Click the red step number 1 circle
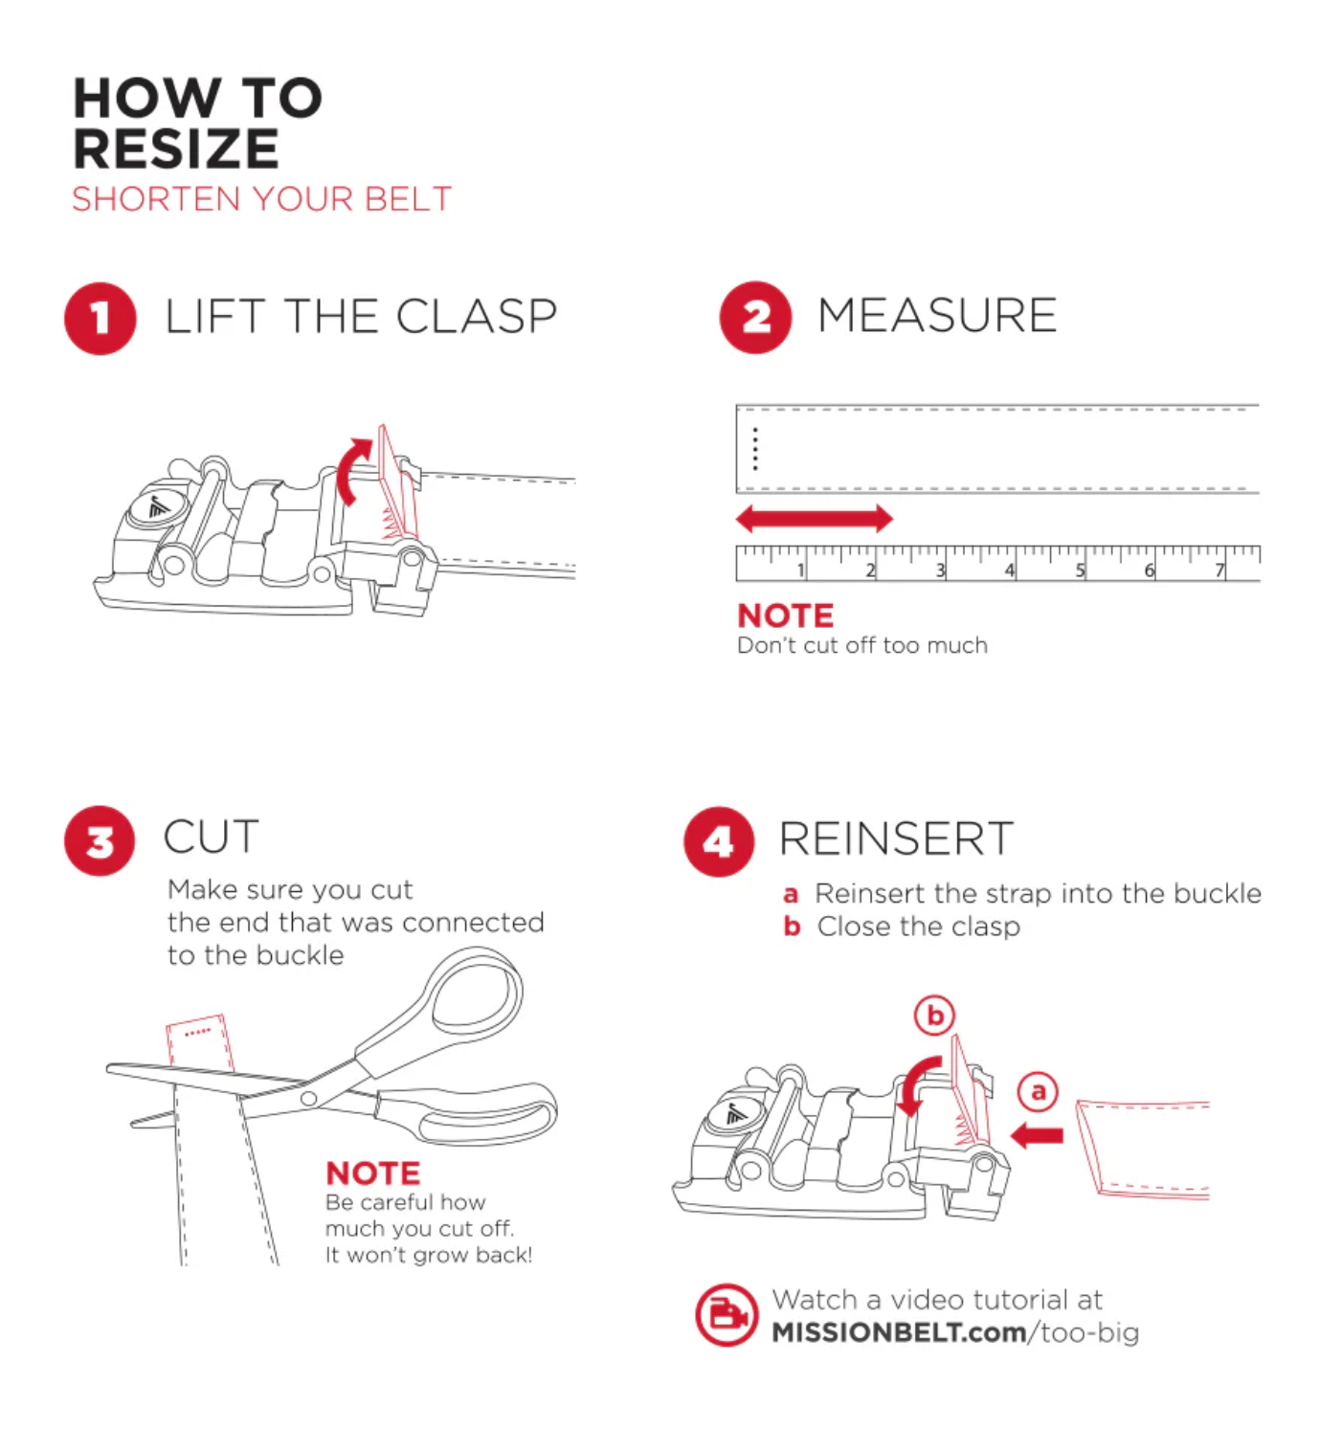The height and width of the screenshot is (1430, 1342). [101, 318]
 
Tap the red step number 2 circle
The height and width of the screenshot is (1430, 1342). [755, 317]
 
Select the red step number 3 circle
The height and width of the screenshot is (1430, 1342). [100, 840]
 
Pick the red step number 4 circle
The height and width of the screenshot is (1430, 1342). [718, 841]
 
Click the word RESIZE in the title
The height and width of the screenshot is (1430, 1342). [176, 149]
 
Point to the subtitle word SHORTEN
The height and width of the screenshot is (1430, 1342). [156, 199]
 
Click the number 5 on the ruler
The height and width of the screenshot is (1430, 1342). [1080, 570]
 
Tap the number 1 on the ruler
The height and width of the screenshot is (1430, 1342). [801, 570]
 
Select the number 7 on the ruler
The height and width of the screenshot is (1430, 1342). [1219, 570]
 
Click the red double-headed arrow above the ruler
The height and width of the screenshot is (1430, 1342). [814, 518]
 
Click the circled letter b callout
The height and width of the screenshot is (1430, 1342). [934, 1016]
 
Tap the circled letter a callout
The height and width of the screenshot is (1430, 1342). [1038, 1091]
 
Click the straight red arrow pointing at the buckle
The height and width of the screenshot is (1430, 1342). [1037, 1136]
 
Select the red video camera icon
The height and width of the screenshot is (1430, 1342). [727, 1315]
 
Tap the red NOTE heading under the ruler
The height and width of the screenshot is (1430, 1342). [785, 615]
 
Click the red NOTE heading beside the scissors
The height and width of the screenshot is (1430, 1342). [372, 1173]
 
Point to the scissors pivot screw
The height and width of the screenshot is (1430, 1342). [308, 1097]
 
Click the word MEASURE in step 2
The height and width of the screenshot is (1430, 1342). [937, 315]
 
